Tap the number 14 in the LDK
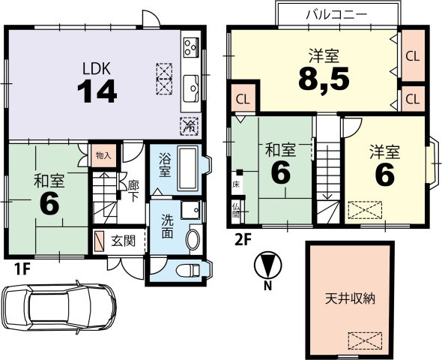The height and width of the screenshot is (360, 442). coord(97,91)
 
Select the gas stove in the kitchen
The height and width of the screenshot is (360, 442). coord(191,47)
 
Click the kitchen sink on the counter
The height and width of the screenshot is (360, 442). coord(191,88)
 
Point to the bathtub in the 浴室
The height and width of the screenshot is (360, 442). coord(187,168)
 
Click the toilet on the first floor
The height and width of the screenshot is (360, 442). coord(188,270)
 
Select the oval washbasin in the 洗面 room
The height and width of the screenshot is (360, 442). coord(193,239)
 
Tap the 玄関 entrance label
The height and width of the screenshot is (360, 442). coord(123,241)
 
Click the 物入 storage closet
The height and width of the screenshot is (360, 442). coord(103,155)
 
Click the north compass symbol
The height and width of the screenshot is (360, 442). coord(267,265)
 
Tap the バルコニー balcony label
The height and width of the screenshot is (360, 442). coord(337,14)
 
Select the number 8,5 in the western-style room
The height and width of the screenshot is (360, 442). coord(324,79)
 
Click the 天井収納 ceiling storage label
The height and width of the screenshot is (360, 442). coord(350,298)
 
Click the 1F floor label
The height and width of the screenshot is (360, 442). coord(22,270)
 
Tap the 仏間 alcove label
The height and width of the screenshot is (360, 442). coord(235,211)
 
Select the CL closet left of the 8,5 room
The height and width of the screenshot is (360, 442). coord(243,99)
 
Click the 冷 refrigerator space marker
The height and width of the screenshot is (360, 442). coord(189,126)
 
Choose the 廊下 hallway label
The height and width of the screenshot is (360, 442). coord(133,191)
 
